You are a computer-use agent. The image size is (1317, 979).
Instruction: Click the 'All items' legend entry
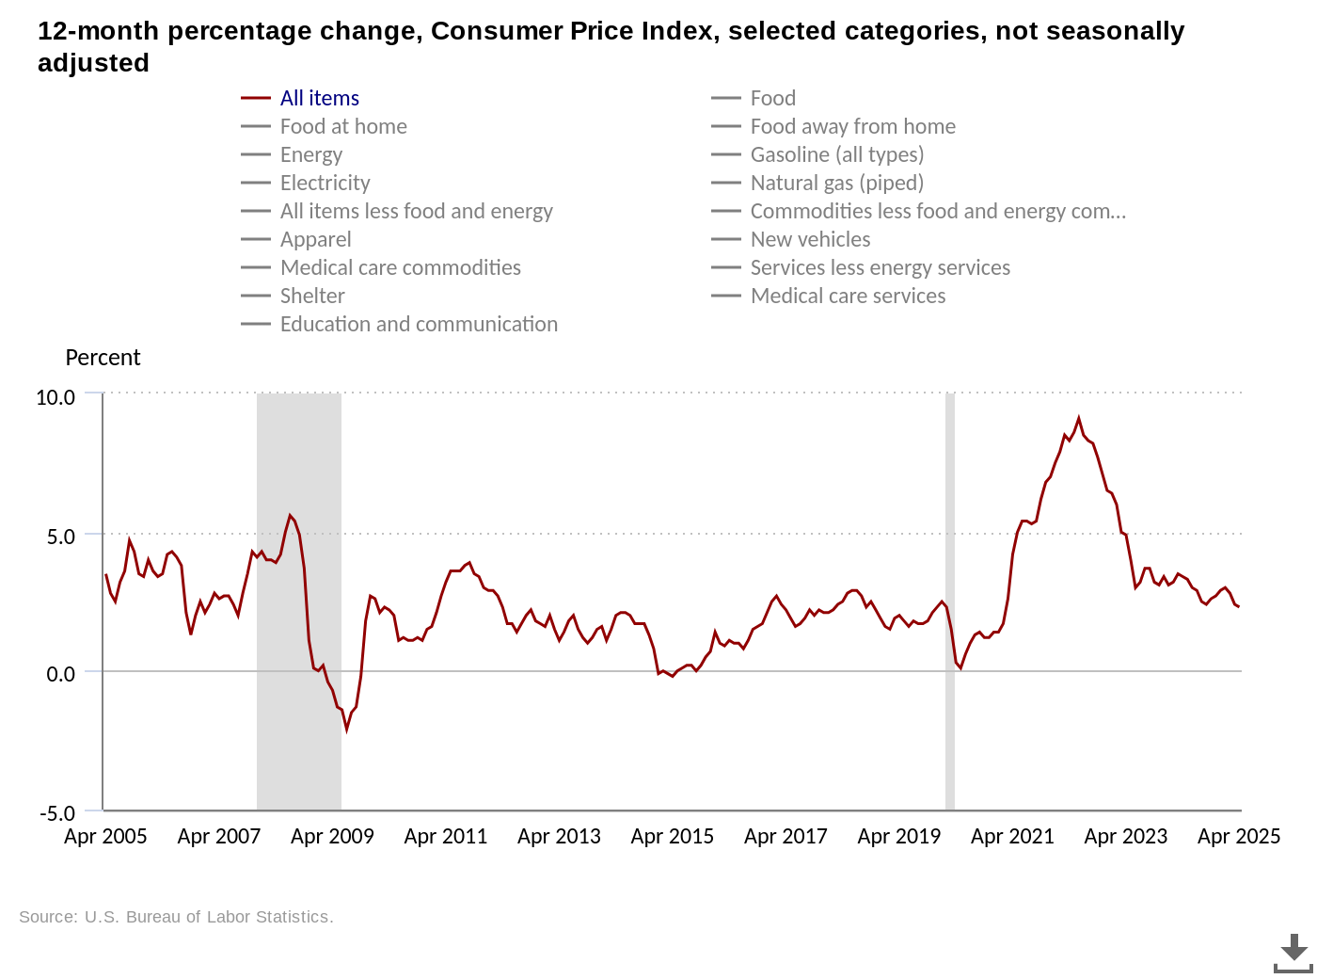coord(319,98)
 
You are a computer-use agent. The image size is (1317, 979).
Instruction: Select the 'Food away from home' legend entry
coord(852,126)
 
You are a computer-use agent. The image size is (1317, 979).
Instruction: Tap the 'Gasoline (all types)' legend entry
coord(836,154)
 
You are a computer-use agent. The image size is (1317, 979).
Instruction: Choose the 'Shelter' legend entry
coord(312,296)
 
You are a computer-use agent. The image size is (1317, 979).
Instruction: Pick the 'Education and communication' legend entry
coord(419,324)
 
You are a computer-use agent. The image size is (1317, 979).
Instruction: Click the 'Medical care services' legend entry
coord(848,296)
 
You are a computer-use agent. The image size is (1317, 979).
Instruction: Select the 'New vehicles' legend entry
coord(810,239)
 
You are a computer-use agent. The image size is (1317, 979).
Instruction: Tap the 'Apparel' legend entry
coord(315,239)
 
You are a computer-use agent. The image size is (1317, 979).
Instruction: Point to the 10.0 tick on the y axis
coord(56,397)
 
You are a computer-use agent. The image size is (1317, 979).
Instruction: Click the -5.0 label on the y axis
coord(56,813)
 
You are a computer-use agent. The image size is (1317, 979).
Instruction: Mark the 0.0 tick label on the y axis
coord(60,674)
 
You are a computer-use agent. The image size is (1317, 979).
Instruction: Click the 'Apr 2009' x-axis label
coord(332,836)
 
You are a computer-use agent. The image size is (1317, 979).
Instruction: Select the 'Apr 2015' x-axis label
coord(672,836)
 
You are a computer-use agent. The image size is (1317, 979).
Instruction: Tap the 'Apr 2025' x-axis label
coord(1238,836)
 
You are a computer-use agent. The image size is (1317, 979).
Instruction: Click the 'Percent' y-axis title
coord(103,358)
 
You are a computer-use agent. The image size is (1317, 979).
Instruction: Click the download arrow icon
coord(1293,953)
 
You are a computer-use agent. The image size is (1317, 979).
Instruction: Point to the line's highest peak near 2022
coord(1079,419)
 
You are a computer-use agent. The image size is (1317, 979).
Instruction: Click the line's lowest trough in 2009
coord(346,729)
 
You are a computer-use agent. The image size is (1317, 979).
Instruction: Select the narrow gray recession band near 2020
coord(950,602)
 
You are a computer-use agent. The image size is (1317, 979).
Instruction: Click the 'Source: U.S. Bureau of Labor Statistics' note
coord(176,917)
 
